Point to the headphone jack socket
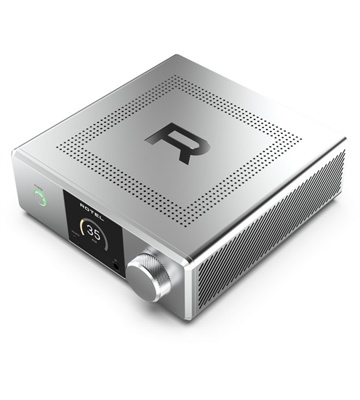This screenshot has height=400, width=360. tap(119, 267)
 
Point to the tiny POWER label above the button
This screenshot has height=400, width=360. tap(36, 184)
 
